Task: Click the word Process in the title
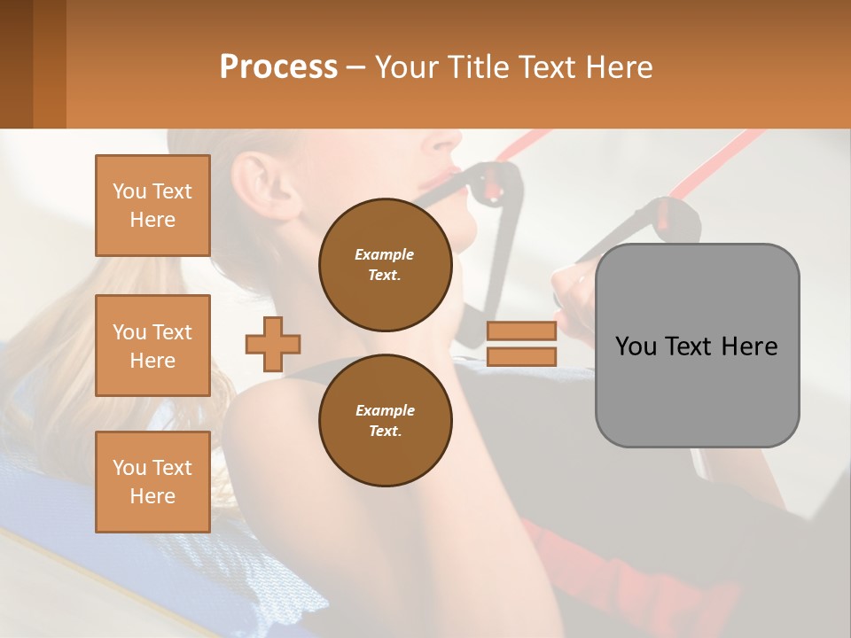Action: point(278,66)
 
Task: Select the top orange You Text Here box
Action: point(152,206)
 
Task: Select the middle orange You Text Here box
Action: point(152,346)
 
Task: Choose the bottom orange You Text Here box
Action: point(152,481)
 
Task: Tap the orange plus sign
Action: point(273,343)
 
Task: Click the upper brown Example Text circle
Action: point(385,264)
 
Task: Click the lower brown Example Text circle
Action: point(385,420)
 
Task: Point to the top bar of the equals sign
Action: point(521,331)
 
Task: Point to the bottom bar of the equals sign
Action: point(521,356)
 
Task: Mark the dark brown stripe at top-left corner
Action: point(16,64)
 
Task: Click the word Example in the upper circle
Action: point(384,254)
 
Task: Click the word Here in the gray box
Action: point(749,346)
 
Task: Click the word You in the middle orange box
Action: point(129,332)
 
